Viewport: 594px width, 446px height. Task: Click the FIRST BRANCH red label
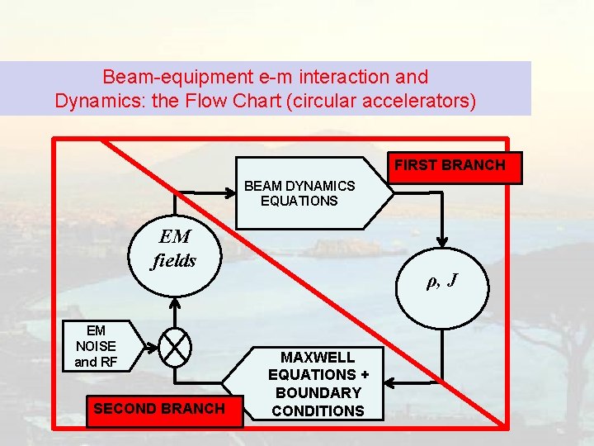(450, 165)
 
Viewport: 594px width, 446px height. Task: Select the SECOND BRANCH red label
(159, 408)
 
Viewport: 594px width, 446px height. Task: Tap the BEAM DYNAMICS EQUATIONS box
(305, 193)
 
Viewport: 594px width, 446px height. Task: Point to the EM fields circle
(175, 250)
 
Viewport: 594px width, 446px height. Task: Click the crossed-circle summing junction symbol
(175, 346)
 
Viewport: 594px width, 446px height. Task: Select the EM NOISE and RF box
(96, 346)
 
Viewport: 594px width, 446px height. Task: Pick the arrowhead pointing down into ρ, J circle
(443, 243)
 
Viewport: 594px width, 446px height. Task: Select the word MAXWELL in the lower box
(318, 358)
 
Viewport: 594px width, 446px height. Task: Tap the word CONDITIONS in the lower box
(318, 410)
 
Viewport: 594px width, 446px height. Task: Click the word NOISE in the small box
(96, 346)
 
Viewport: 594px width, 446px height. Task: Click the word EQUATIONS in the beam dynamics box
(299, 201)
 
